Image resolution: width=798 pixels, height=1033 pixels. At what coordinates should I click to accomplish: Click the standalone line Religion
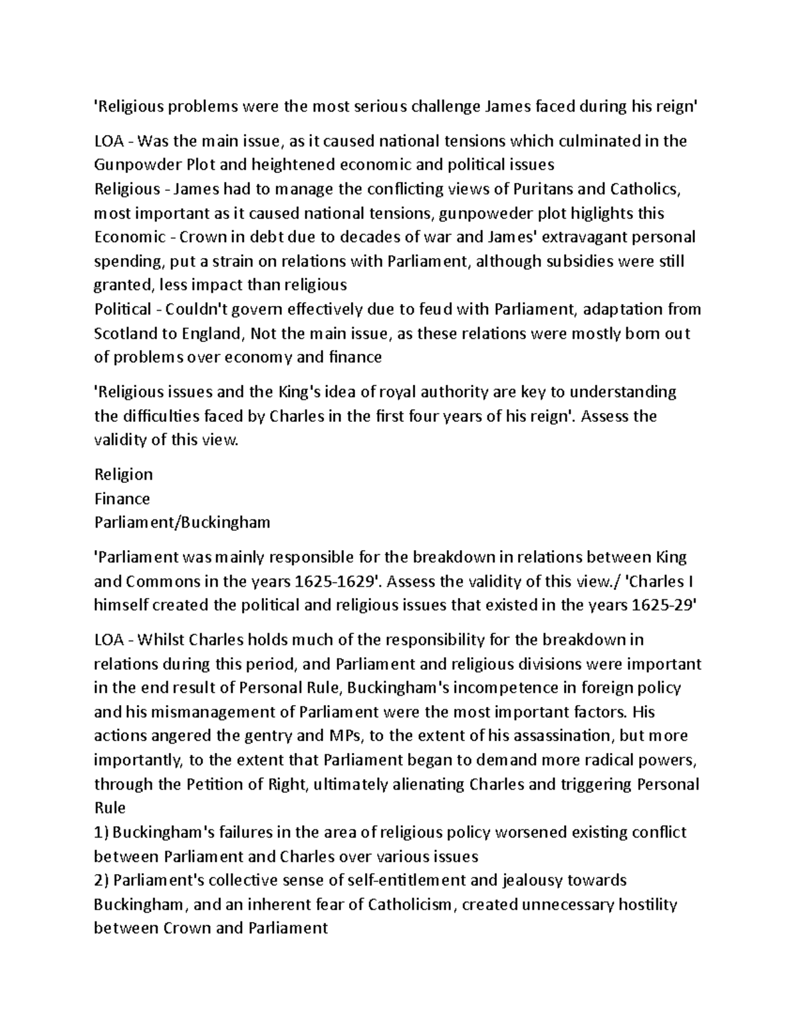pos(124,474)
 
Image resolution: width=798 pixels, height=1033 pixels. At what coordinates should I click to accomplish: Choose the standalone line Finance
pos(122,499)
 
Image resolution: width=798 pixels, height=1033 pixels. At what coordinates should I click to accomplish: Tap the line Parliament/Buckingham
pos(182,523)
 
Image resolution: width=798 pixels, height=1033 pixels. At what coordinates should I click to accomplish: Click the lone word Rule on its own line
pos(110,808)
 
